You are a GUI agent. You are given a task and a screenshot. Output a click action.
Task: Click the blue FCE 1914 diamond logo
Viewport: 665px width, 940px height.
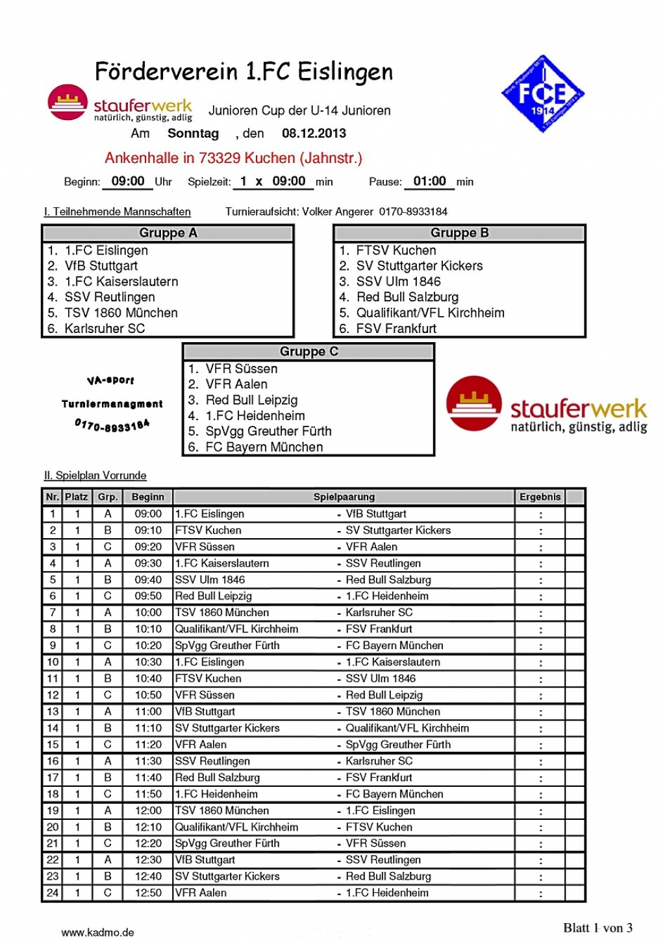(x=543, y=94)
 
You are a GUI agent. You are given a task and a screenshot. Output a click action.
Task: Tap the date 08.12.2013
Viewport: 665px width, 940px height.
(x=314, y=134)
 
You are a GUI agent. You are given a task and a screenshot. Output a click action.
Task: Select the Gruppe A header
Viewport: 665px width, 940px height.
(x=168, y=233)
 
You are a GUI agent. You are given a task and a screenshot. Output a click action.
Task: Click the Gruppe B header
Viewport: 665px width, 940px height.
(x=459, y=233)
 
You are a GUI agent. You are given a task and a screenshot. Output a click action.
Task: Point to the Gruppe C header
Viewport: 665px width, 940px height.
(x=308, y=352)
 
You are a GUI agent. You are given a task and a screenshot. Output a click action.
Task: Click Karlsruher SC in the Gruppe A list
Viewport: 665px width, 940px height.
(x=105, y=328)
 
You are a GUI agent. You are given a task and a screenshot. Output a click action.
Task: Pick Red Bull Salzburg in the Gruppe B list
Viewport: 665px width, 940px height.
(x=407, y=297)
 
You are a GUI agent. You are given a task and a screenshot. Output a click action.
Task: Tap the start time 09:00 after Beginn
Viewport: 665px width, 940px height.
(x=128, y=182)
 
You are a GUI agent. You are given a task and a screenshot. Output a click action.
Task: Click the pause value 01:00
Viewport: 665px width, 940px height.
(x=429, y=182)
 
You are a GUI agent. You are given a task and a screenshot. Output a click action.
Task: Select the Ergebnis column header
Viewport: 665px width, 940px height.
(x=540, y=497)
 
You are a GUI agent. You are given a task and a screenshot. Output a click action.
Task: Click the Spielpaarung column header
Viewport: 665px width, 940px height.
(x=344, y=497)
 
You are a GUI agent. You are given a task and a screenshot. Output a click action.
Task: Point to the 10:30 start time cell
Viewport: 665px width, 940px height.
(x=148, y=662)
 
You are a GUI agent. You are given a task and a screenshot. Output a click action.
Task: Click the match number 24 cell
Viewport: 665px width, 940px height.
(x=53, y=893)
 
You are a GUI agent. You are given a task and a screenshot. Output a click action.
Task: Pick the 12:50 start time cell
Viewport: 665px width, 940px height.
(x=148, y=893)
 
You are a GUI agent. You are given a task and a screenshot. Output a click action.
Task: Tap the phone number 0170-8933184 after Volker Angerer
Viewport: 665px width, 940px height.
(x=413, y=212)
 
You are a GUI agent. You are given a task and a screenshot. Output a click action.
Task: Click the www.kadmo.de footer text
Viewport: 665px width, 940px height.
(x=97, y=932)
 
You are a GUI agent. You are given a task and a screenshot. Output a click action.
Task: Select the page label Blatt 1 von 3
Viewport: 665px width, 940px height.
(x=597, y=928)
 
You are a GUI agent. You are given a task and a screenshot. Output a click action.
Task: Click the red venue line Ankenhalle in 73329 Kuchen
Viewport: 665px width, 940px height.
(x=233, y=158)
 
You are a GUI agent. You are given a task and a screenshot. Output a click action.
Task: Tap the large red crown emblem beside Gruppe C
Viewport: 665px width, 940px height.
(x=474, y=403)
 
